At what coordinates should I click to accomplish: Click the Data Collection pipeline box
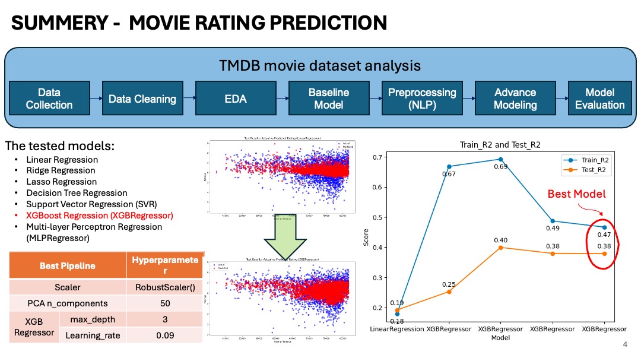pyautogui.click(x=49, y=99)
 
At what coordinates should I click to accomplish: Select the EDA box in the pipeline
pyautogui.click(x=236, y=99)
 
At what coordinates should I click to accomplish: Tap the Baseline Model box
pyautogui.click(x=329, y=99)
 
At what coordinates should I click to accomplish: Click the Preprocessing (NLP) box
pyautogui.click(x=422, y=99)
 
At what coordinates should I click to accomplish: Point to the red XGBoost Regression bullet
pyautogui.click(x=99, y=216)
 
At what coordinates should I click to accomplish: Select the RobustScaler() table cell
pyautogui.click(x=164, y=287)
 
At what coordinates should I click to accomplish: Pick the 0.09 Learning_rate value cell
pyautogui.click(x=164, y=335)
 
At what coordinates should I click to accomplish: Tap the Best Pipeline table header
pyautogui.click(x=67, y=265)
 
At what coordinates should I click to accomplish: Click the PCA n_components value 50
pyautogui.click(x=164, y=303)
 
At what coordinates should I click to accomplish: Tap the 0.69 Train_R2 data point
pyautogui.click(x=500, y=159)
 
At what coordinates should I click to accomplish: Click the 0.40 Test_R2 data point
pyautogui.click(x=500, y=247)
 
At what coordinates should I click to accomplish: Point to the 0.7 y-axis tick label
pyautogui.click(x=375, y=157)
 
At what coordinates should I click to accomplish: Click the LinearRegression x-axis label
pyautogui.click(x=397, y=329)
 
